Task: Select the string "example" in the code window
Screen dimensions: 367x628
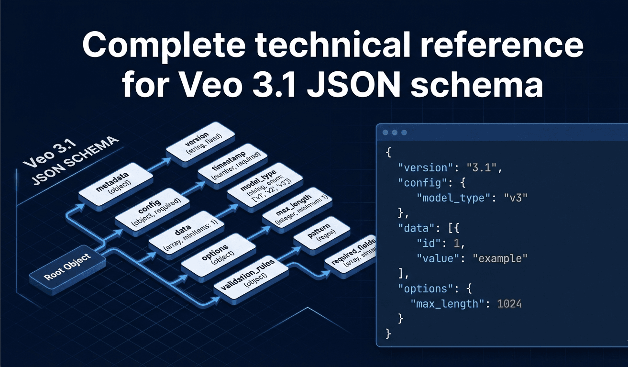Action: [500, 258]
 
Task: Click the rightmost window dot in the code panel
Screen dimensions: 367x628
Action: [404, 133]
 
